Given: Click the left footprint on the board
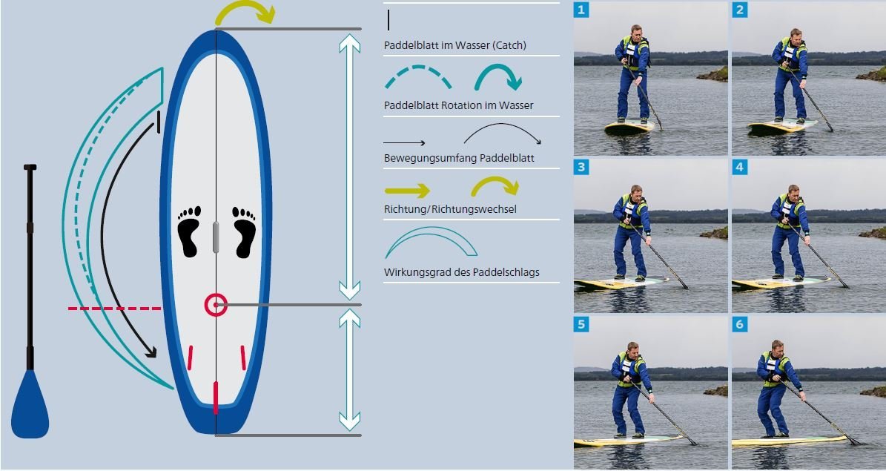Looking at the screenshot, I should [189, 231].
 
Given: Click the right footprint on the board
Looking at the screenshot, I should [243, 231].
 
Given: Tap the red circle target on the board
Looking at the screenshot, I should [216, 305].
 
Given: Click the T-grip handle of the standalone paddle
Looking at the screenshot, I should [30, 168].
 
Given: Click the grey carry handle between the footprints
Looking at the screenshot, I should [216, 237].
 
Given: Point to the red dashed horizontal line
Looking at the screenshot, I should [114, 308].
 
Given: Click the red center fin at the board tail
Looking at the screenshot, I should [216, 396].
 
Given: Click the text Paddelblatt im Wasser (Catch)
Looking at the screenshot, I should [454, 45].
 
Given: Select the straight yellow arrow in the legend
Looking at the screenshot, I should [407, 191].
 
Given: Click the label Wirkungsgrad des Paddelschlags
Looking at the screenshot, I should [461, 272].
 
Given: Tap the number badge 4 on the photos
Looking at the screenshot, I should [739, 167].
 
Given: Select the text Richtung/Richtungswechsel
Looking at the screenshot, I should [450, 209].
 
